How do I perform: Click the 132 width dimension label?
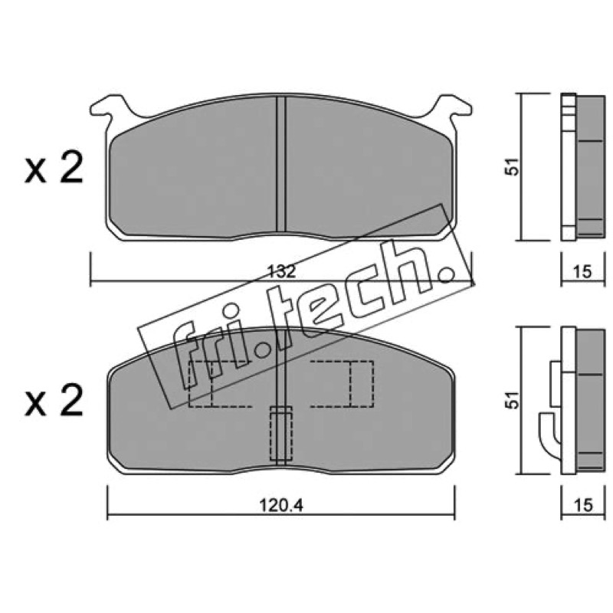281,271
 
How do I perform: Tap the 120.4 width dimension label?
281,506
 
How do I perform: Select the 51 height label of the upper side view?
513,166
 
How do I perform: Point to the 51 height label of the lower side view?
513,400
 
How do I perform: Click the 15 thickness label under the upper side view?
583,272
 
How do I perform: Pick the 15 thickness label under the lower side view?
583,505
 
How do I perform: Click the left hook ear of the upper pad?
107,107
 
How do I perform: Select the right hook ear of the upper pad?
454,107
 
